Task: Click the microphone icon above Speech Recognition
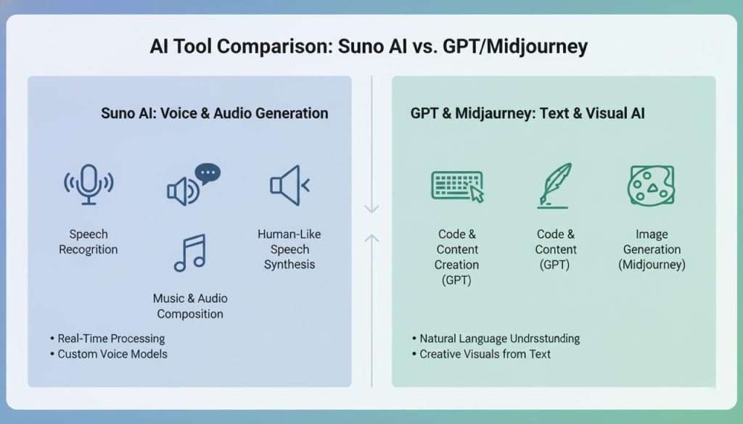pyautogui.click(x=89, y=186)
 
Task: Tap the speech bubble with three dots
pyautogui.click(x=208, y=174)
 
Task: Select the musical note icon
pyautogui.click(x=190, y=253)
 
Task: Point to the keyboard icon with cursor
pyautogui.click(x=457, y=186)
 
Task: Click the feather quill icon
pyautogui.click(x=555, y=184)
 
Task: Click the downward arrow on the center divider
pyautogui.click(x=371, y=209)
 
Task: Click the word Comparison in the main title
pyautogui.click(x=279, y=47)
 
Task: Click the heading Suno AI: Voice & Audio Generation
pyautogui.click(x=214, y=113)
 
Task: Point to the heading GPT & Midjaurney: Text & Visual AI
pyautogui.click(x=528, y=113)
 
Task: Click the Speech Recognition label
pyautogui.click(x=89, y=242)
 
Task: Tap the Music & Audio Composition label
pyautogui.click(x=190, y=306)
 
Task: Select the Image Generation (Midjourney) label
pyautogui.click(x=652, y=249)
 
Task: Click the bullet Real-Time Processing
pyautogui.click(x=111, y=338)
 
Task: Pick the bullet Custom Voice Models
pyautogui.click(x=112, y=354)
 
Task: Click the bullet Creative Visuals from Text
pyautogui.click(x=485, y=354)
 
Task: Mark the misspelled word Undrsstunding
pyautogui.click(x=545, y=338)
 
